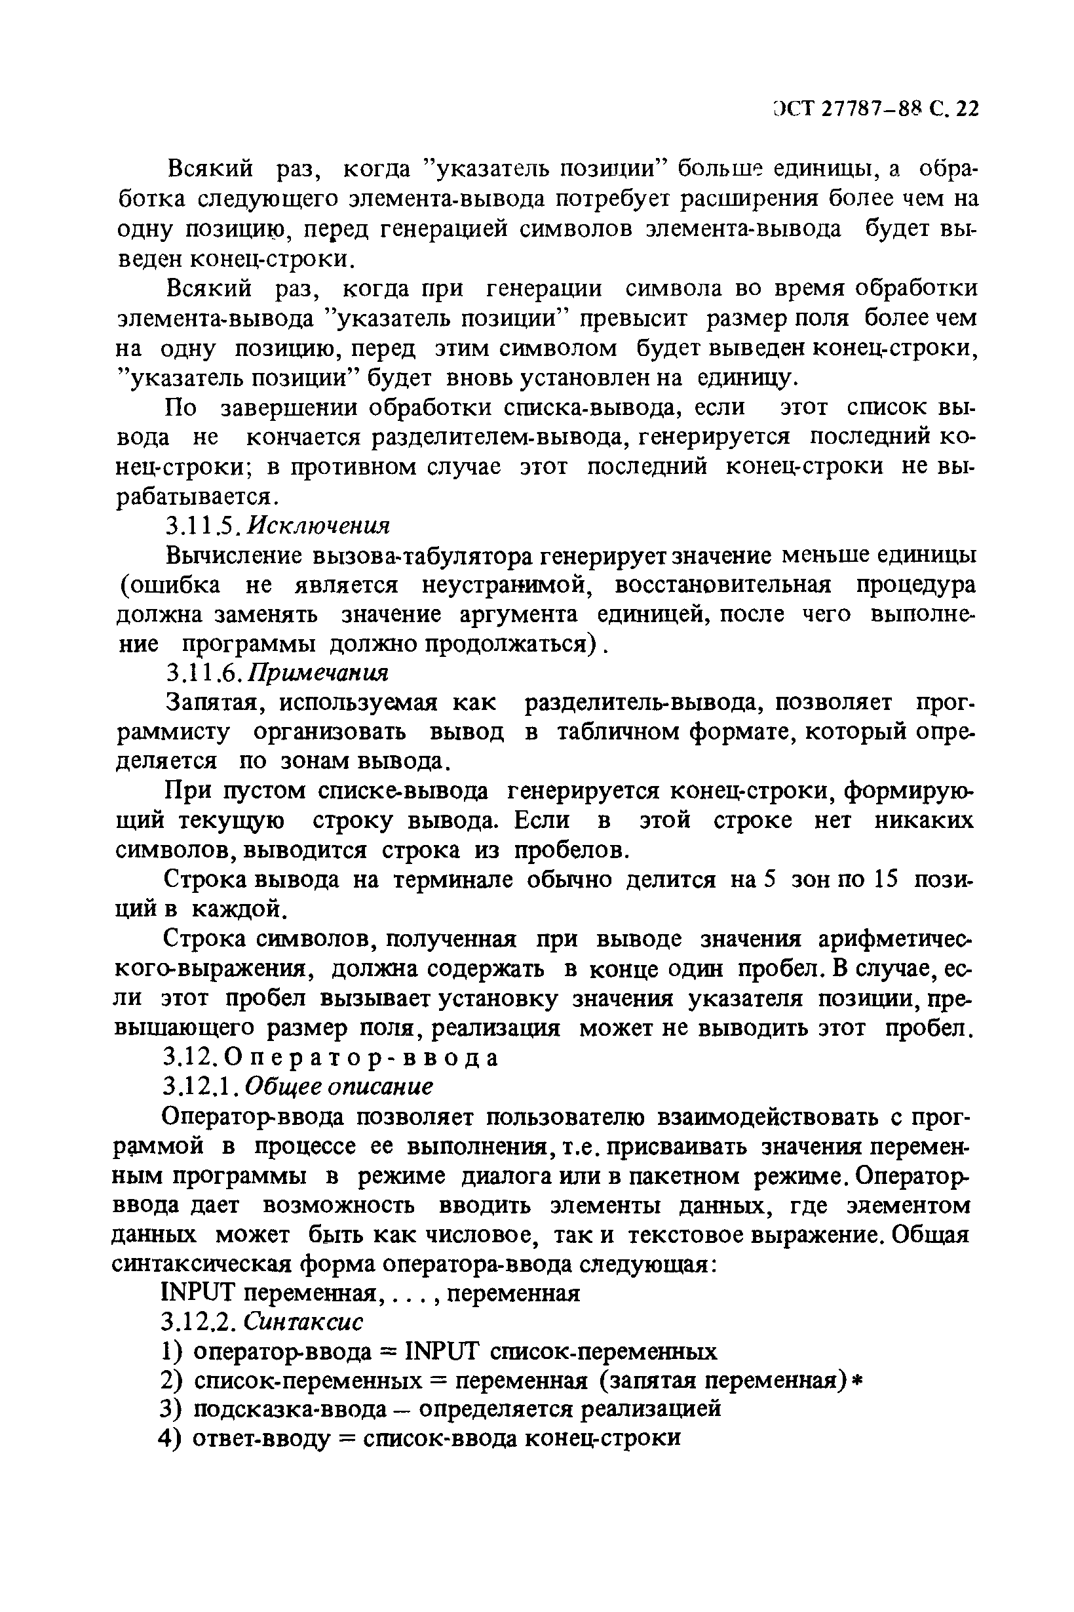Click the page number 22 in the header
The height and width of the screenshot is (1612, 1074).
pos(967,109)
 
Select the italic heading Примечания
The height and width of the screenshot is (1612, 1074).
pos(319,673)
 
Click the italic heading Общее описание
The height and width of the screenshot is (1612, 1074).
pos(339,1088)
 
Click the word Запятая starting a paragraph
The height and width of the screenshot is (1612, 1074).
pos(212,703)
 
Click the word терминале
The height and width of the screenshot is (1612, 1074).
pos(453,880)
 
